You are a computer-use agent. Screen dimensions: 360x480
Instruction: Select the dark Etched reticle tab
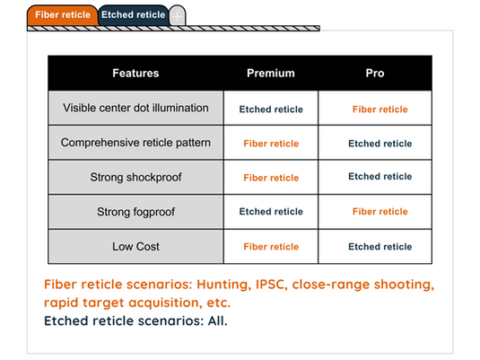tap(133, 14)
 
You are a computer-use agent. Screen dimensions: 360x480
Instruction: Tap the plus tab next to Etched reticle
tap(178, 14)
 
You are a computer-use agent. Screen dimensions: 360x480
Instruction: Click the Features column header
tap(135, 74)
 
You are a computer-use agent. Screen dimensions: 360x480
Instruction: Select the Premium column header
tap(270, 74)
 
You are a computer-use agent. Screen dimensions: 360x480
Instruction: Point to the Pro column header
tap(375, 74)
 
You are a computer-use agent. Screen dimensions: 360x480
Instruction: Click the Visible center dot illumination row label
tap(135, 108)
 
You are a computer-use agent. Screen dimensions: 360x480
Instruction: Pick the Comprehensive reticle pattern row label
tap(135, 143)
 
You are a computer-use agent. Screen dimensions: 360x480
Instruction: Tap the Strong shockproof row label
tap(135, 177)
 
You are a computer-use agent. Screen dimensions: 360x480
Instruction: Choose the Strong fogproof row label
tap(135, 212)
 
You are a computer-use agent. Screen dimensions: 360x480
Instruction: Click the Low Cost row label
tap(135, 246)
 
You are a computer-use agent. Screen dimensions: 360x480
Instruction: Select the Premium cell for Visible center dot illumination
tap(271, 110)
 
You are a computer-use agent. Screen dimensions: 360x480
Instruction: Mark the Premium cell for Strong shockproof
tap(271, 178)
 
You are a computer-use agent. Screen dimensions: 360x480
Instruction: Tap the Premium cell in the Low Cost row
tap(271, 247)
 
